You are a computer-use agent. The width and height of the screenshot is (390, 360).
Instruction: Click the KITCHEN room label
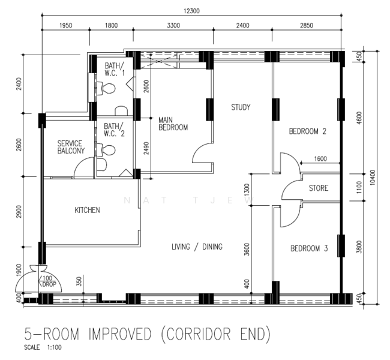coord(88,210)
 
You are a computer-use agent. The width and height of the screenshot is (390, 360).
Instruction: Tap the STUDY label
coord(241,107)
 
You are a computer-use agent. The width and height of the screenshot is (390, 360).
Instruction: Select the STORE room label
coord(319,188)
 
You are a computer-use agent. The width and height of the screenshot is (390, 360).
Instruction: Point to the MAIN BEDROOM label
coord(173,124)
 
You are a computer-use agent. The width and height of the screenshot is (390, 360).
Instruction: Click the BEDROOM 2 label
coord(308,131)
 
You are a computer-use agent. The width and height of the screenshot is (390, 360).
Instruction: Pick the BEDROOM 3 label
coord(309,248)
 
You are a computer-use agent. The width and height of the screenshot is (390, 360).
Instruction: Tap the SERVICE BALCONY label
coord(71,147)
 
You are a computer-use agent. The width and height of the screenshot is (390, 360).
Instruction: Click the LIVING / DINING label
coord(197,247)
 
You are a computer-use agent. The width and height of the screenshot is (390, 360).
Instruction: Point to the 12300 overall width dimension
coord(191,11)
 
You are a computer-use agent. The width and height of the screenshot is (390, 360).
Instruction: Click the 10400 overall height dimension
coord(373,177)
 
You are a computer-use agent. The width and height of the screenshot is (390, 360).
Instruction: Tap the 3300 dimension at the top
coord(173,25)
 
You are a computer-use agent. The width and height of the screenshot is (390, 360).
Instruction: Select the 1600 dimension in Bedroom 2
coord(320,159)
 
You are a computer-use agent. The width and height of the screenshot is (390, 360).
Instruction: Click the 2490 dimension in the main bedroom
coord(146,148)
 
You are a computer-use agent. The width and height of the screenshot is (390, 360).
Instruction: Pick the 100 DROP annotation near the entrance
coord(48,281)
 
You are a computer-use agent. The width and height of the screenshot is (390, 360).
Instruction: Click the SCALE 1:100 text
coord(43,347)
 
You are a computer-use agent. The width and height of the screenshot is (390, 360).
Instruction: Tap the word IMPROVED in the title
coord(120,334)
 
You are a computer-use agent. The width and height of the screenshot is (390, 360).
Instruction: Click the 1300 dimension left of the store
coord(247,190)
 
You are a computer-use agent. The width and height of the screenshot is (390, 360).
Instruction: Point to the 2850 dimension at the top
coord(307,25)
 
